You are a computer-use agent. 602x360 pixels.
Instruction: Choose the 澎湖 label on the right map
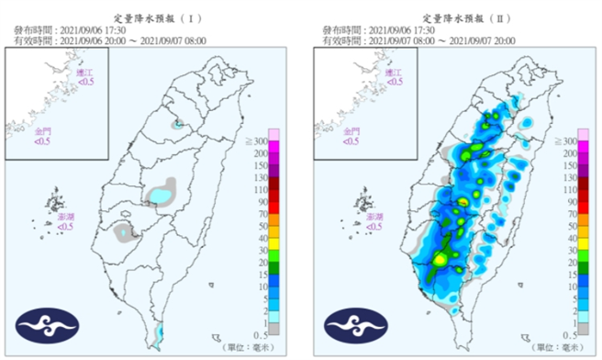click(x=373, y=219)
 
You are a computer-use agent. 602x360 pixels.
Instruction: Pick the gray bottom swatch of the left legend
click(x=274, y=328)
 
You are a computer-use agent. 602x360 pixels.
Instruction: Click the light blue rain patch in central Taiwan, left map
click(x=161, y=195)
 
